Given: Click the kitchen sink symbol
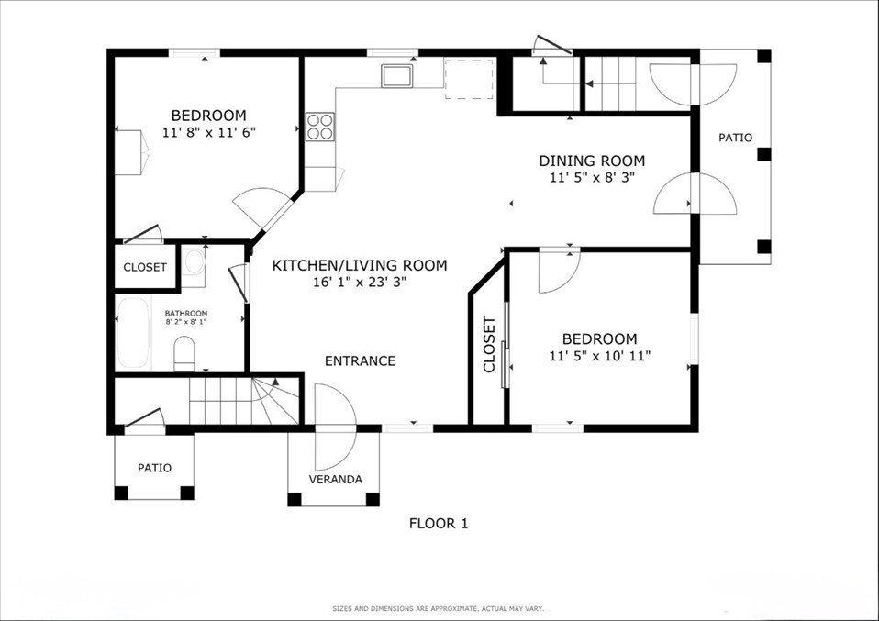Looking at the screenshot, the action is (x=397, y=75).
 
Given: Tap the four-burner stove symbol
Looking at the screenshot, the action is (x=320, y=126).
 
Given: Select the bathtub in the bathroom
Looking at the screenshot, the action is (x=133, y=333).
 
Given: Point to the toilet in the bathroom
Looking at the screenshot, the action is (x=184, y=354).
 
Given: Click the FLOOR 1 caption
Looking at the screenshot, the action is (x=439, y=524).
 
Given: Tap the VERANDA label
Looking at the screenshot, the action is (x=335, y=479).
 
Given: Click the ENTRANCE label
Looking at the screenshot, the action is (x=360, y=360).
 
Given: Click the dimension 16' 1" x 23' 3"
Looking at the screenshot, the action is (x=360, y=282).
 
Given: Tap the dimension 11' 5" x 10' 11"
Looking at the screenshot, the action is (x=600, y=355).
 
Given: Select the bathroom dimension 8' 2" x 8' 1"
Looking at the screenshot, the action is (x=186, y=322).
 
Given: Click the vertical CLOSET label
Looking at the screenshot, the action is (x=489, y=344).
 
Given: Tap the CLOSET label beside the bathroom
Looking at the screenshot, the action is (x=145, y=267).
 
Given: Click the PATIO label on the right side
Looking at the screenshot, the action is (x=736, y=138).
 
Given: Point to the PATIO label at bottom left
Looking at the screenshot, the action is (x=155, y=468).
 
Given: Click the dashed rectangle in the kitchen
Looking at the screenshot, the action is (x=469, y=79).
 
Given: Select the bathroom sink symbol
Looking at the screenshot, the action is (x=194, y=262).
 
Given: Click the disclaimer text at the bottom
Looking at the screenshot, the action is (x=439, y=608).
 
